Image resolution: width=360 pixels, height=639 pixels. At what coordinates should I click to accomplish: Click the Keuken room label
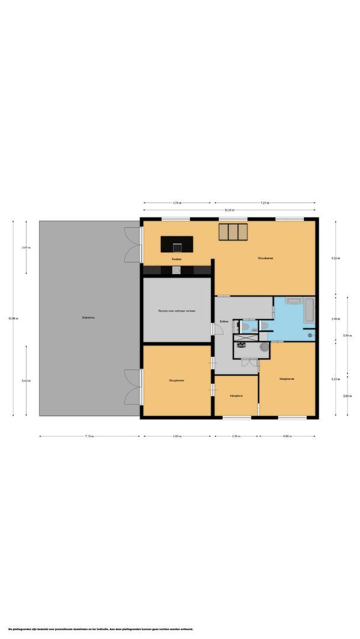coord(176,259)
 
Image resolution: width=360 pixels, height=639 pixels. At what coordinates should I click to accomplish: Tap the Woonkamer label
coord(265,259)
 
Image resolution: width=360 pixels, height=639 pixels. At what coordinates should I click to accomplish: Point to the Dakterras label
coord(89,318)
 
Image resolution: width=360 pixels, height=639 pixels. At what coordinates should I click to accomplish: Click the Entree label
coord(224,321)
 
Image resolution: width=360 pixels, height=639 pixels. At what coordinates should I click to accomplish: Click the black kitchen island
coord(177,243)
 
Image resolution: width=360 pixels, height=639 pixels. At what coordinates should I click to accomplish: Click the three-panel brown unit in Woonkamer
coord(232,232)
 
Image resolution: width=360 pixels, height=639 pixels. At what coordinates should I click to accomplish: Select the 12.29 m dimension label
coord(228,210)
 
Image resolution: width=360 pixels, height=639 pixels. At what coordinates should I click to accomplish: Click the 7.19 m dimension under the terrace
coord(89,437)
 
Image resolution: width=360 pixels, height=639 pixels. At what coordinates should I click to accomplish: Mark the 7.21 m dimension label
coord(265,203)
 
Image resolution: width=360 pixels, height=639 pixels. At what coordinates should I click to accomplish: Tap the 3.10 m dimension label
coord(236,437)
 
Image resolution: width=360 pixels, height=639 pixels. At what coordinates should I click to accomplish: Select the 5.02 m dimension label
coord(26,380)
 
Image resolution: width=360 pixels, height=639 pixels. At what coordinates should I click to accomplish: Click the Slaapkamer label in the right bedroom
coord(287,379)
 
